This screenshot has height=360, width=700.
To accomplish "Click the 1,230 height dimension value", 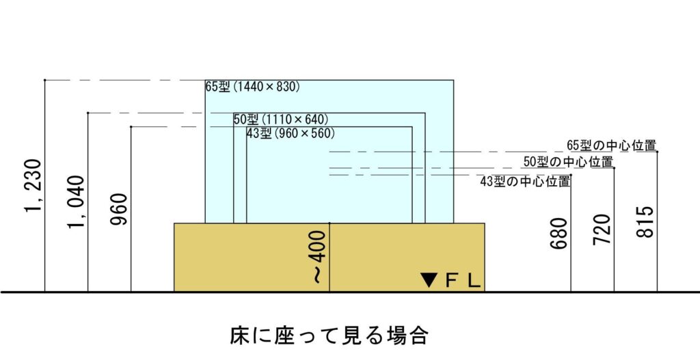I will tap(33, 186).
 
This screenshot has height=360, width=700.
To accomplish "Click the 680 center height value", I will tap(559, 233).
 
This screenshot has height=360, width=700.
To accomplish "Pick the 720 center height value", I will tap(602, 230).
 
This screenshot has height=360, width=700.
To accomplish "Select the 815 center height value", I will tap(646, 221).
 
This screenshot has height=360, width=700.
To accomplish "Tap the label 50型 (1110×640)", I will tap(281, 120).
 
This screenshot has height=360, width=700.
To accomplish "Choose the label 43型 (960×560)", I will tap(291, 133).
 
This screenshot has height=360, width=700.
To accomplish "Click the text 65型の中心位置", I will tap(612, 146).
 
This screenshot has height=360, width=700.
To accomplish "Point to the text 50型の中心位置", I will tap(568, 162).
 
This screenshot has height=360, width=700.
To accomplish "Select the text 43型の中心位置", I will tap(525, 181).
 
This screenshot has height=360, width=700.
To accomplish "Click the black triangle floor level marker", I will tap(429, 279).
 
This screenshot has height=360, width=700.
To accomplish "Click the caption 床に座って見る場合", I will tap(328, 335).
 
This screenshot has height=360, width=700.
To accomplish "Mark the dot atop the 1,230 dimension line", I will tap(45, 81).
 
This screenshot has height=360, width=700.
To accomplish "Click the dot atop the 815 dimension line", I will tap(658, 152).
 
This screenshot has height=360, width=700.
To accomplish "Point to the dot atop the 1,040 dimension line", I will tap(88, 113).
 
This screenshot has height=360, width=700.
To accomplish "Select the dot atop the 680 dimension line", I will tap(571, 176).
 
